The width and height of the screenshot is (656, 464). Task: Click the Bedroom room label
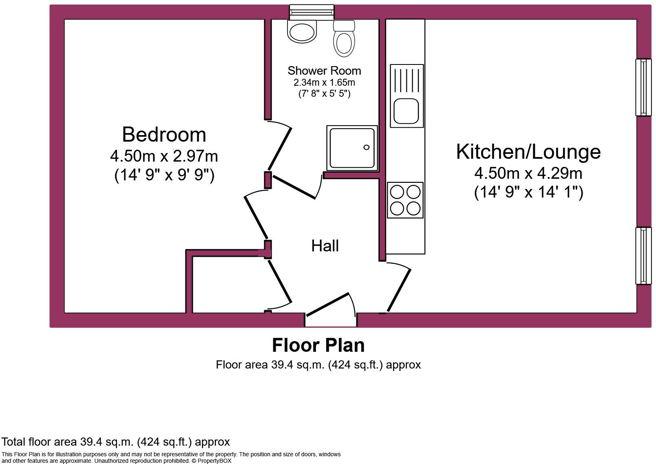point(164,134)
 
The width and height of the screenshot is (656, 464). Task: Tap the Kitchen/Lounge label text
point(528,151)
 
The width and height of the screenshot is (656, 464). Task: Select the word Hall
point(325,246)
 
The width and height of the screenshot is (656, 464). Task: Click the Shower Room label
point(324,71)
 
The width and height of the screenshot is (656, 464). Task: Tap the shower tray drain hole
point(366,147)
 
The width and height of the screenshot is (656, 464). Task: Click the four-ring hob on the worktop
point(405,200)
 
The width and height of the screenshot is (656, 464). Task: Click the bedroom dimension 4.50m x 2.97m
point(164,156)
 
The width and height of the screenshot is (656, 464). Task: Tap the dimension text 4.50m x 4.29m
point(528,173)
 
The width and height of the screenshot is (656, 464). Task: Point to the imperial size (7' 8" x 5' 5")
point(324,93)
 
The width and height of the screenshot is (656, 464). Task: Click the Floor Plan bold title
point(318,345)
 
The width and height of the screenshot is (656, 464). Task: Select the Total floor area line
point(116,442)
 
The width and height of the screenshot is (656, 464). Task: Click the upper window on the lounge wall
point(643,87)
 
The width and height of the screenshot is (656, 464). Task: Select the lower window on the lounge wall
point(643,256)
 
